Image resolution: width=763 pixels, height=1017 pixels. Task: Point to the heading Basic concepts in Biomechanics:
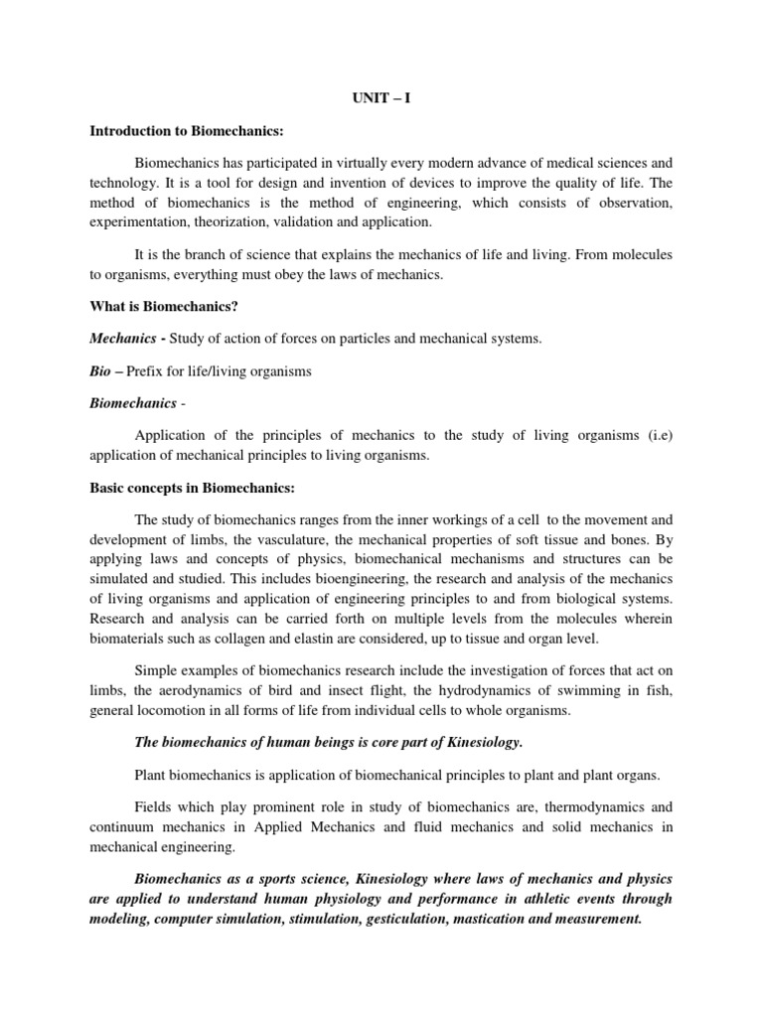192,489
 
